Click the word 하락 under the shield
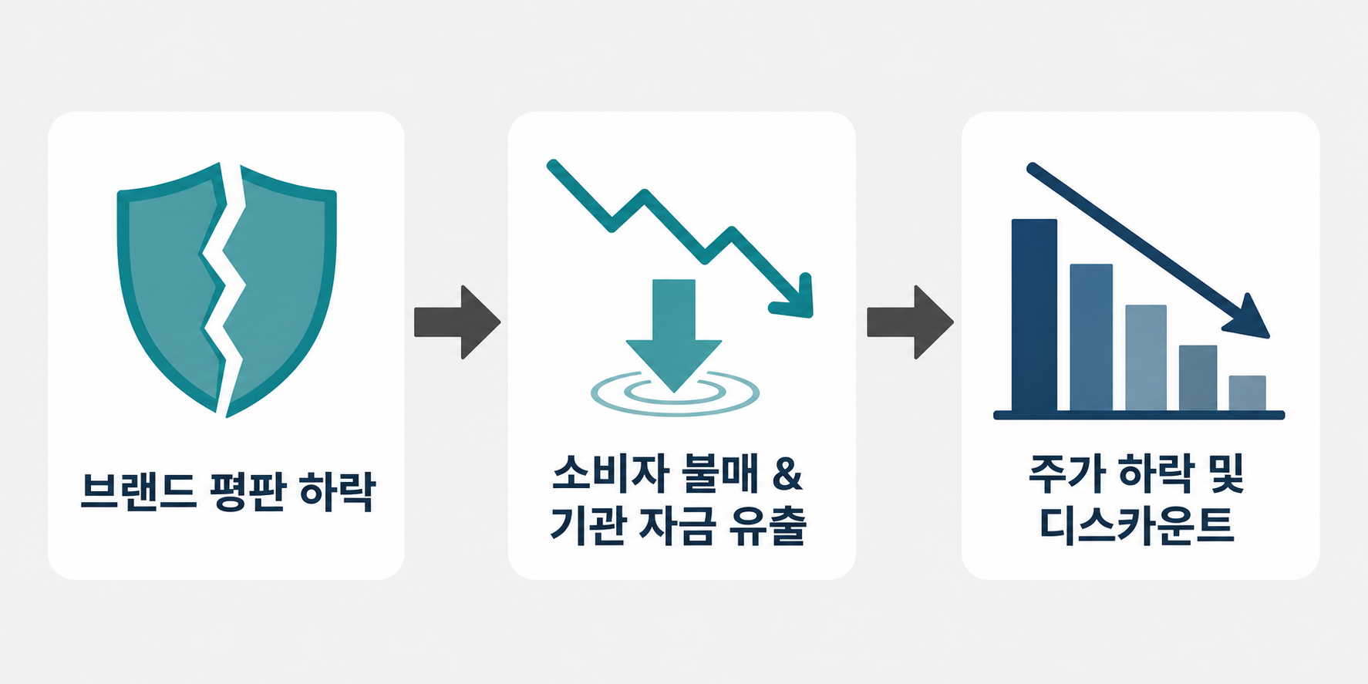click(x=338, y=491)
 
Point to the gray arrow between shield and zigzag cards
click(x=457, y=322)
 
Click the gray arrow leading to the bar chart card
click(x=910, y=322)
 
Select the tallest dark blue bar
click(x=1034, y=315)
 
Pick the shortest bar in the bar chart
click(x=1247, y=393)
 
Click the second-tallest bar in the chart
click(x=1091, y=338)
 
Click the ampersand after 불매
click(x=787, y=473)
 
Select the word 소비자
click(x=609, y=473)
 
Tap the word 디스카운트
click(x=1137, y=525)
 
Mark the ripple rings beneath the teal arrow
click(x=675, y=393)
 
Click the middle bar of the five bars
click(x=1146, y=359)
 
